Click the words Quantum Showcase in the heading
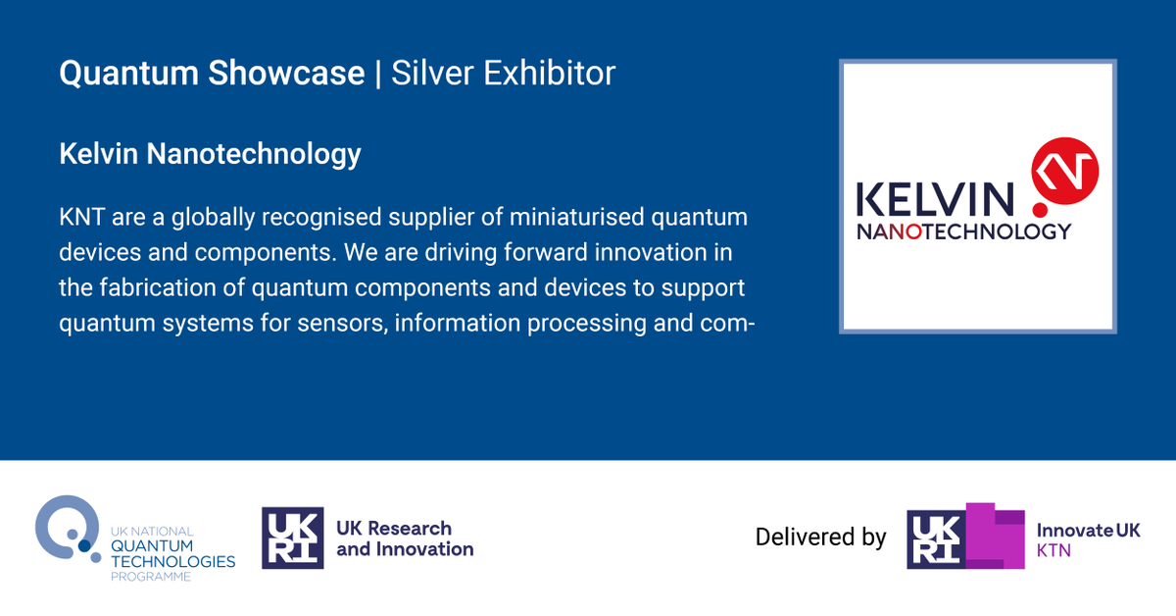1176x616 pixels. point(212,74)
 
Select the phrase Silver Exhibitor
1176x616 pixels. point(504,74)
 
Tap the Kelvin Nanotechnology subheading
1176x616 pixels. point(210,154)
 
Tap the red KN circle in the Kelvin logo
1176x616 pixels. point(1065,173)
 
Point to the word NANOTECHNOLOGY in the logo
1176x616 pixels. point(963,232)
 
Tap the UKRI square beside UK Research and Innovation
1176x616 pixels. point(293,538)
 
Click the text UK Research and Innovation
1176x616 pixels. point(405,539)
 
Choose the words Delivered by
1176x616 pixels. point(820,538)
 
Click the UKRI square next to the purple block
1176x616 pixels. point(937,539)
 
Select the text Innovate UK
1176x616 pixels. point(1088,530)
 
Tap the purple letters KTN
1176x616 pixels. point(1053,551)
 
